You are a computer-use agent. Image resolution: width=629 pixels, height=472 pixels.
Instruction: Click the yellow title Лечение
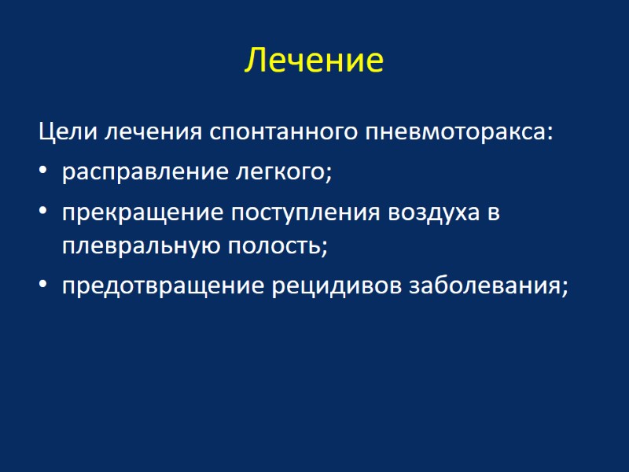click(314, 61)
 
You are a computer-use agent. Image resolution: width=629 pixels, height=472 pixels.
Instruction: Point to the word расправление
click(138, 171)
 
